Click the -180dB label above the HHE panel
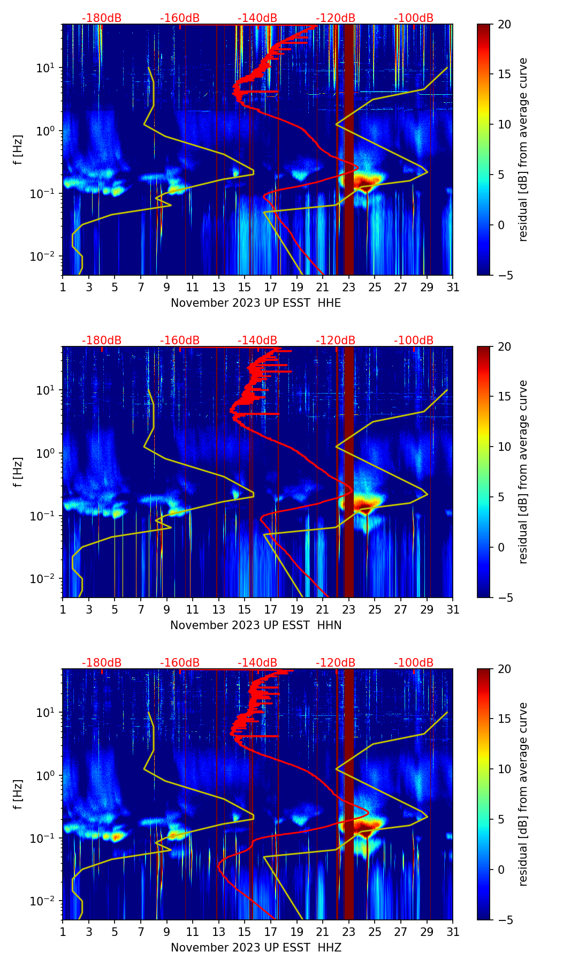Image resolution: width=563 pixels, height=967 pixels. (102, 18)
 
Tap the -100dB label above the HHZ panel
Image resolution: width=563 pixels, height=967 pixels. (414, 663)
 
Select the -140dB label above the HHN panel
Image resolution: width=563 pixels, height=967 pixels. (257, 341)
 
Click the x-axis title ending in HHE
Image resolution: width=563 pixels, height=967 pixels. (256, 303)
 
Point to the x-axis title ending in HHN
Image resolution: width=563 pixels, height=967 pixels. (256, 625)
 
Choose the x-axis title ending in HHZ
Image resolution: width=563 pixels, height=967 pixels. (256, 948)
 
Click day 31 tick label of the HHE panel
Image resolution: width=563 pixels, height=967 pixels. (453, 288)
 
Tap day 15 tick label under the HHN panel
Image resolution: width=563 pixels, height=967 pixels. (245, 610)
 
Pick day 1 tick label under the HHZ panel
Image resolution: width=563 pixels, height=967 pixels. (63, 932)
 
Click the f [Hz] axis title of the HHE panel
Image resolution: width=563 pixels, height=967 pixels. (18, 150)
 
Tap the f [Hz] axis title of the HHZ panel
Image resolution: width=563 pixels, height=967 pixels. (18, 795)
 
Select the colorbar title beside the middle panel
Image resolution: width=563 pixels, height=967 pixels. (523, 472)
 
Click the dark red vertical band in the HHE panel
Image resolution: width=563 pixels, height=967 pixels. (348, 150)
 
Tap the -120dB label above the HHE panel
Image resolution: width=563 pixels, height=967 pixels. (336, 18)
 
